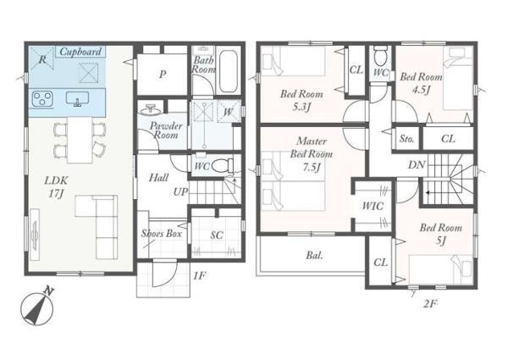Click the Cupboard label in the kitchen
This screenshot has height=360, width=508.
(80, 52)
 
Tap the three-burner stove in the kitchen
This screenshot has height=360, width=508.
(42, 98)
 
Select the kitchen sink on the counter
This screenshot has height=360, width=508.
(77, 99)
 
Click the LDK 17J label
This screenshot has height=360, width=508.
(57, 187)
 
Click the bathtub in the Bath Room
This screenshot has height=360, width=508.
(229, 72)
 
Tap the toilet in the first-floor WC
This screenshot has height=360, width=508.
(223, 165)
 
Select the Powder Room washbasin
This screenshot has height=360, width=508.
(151, 110)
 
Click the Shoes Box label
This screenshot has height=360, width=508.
(162, 233)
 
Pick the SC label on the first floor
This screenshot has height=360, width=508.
(217, 235)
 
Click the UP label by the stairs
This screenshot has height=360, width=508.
(180, 191)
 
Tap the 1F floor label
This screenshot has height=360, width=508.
(199, 276)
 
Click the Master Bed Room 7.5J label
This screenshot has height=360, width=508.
(312, 154)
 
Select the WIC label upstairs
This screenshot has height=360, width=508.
(373, 206)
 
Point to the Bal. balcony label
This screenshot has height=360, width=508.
(314, 255)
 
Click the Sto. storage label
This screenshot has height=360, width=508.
(406, 139)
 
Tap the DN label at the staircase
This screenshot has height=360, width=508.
(417, 165)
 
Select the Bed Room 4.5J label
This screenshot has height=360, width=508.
(421, 83)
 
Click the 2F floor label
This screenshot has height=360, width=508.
(431, 304)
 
